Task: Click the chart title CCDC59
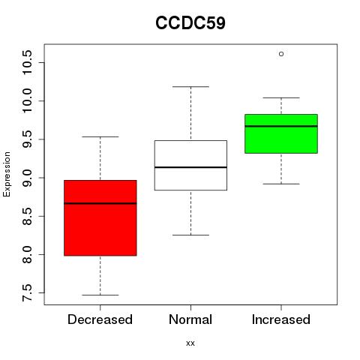190,23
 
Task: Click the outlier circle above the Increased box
281,54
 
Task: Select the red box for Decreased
100,217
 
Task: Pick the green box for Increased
281,133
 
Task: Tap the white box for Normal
190,165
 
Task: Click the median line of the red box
100,203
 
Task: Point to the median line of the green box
281,126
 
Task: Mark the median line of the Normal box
190,167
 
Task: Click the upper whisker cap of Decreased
100,136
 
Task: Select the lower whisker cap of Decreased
100,295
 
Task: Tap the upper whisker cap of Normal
190,87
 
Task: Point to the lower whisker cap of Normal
190,235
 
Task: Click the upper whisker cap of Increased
281,97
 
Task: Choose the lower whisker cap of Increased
281,184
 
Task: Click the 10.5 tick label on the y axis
27,62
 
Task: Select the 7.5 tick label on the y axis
27,292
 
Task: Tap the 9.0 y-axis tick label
27,178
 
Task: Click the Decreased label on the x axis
100,319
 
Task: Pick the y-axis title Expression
7,174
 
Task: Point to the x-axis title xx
190,343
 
